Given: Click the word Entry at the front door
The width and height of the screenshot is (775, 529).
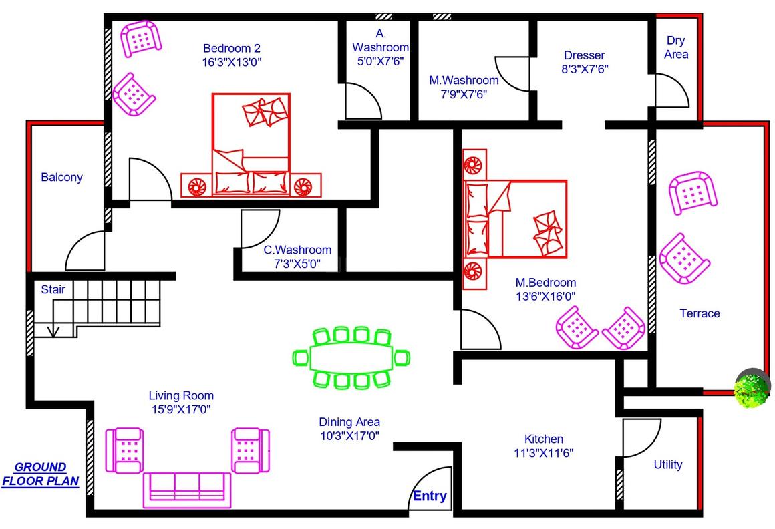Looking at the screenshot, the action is pyautogui.click(x=430, y=496).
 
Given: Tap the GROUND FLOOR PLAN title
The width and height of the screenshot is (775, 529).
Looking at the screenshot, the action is pyautogui.click(x=41, y=474).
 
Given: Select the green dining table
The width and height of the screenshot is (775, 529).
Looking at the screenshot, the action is pyautogui.click(x=351, y=357).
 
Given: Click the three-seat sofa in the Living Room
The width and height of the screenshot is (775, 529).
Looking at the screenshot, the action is pyautogui.click(x=187, y=490).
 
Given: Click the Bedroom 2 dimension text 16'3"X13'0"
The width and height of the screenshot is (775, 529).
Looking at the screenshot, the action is pyautogui.click(x=232, y=62).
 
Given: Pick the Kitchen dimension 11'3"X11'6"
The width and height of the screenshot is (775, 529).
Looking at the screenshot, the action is pyautogui.click(x=544, y=452).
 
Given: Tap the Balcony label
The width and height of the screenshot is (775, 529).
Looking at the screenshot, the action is pyautogui.click(x=61, y=177).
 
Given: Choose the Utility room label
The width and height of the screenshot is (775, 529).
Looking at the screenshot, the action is pyautogui.click(x=667, y=464).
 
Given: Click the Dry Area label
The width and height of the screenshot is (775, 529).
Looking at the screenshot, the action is pyautogui.click(x=676, y=47).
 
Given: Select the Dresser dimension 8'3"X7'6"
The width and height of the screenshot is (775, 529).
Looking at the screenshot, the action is pyautogui.click(x=585, y=69).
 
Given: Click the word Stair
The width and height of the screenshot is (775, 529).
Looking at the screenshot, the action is pyautogui.click(x=53, y=289).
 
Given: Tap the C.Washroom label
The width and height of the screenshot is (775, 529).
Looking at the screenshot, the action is pyautogui.click(x=297, y=250).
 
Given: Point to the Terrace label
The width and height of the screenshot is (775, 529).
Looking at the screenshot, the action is pyautogui.click(x=700, y=313).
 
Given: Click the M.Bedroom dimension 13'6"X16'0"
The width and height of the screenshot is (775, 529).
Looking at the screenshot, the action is pyautogui.click(x=546, y=297).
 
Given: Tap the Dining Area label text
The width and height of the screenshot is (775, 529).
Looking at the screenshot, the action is pyautogui.click(x=349, y=422).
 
